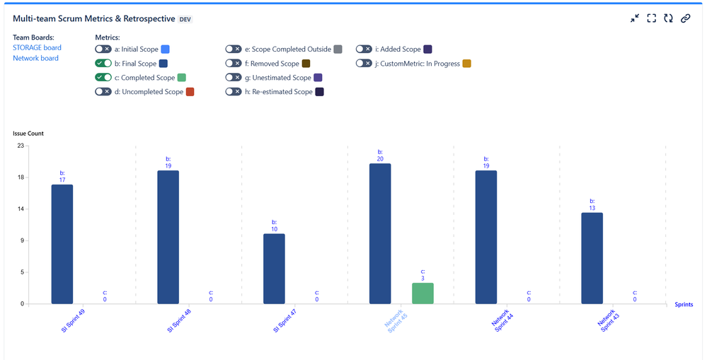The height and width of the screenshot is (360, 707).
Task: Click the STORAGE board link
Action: tap(37, 48)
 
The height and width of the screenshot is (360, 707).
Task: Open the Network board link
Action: tap(35, 58)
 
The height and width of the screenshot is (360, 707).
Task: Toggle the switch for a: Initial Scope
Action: tap(103, 50)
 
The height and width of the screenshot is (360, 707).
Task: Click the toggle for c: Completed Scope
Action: tap(103, 78)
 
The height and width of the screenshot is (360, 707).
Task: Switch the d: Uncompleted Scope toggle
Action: tap(103, 92)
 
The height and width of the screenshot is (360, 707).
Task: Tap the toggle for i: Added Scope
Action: tap(364, 50)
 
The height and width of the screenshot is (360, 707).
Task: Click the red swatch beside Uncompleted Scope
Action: tap(190, 92)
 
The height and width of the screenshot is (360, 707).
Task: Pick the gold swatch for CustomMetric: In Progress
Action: tap(466, 64)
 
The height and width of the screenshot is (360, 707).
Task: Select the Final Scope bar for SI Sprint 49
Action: tap(62, 244)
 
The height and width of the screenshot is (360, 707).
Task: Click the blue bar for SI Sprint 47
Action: tap(274, 269)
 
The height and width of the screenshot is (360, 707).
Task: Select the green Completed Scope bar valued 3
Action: tap(423, 294)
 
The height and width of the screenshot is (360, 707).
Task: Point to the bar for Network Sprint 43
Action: tap(592, 258)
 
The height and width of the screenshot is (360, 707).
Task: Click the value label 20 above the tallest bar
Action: tap(380, 159)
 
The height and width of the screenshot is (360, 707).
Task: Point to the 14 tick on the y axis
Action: tap(21, 209)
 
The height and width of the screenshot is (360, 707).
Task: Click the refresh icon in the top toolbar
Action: tap(668, 18)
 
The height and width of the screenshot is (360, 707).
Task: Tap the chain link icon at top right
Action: tap(685, 18)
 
